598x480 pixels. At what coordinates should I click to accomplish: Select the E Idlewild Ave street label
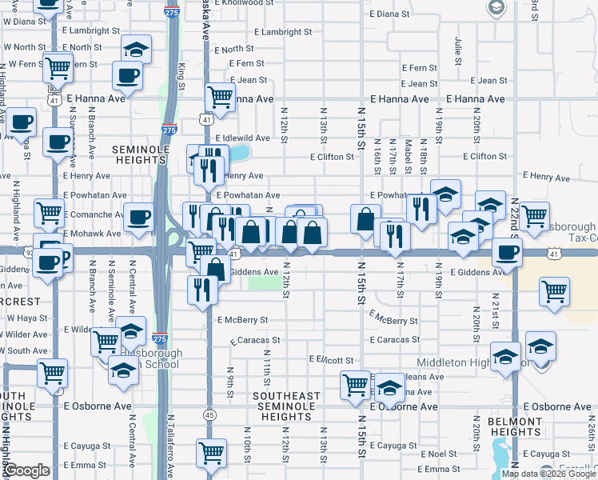[243, 138]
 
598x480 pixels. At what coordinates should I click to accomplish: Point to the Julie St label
[458, 50]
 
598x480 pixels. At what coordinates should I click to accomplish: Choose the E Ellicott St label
[331, 360]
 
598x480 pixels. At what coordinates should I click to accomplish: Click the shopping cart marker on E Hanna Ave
[220, 98]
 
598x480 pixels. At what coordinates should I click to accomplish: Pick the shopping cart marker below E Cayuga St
[212, 453]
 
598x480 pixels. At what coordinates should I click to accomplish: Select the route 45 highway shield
[209, 414]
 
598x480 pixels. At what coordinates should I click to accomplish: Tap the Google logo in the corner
[26, 471]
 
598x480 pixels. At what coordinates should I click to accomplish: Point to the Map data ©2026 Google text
[548, 474]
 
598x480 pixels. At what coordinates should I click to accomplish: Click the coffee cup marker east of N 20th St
[506, 253]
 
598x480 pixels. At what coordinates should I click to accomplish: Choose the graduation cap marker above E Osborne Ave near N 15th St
[389, 388]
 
